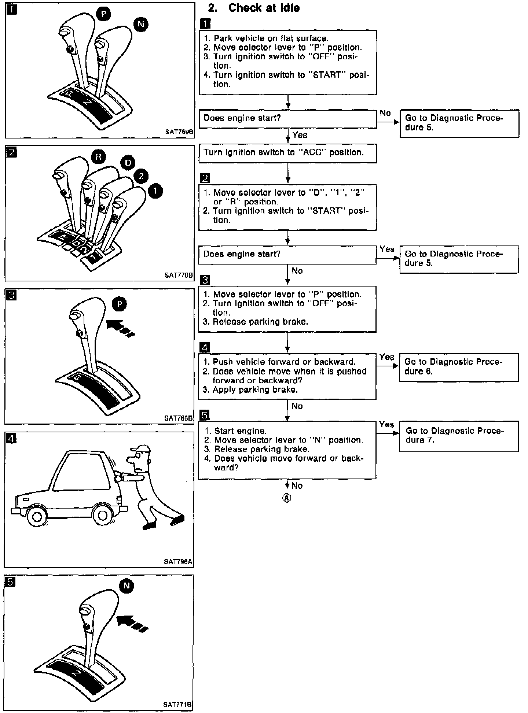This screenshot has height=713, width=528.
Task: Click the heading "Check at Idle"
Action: coord(264,8)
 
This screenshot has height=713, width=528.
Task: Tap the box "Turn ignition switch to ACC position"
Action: coord(287,153)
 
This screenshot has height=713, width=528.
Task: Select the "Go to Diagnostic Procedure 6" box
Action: coord(458,367)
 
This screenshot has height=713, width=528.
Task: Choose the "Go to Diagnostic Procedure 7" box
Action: coord(458,436)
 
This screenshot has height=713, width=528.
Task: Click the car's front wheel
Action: coord(36,516)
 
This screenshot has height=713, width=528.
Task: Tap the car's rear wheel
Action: coord(103,515)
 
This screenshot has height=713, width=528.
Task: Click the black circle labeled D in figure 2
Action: coord(128,163)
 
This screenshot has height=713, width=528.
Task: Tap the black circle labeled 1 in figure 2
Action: coord(155,191)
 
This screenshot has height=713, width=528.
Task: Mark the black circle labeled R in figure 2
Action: coord(98,157)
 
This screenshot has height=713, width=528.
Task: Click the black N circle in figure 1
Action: coord(140,25)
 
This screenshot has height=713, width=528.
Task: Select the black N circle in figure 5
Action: coord(126,586)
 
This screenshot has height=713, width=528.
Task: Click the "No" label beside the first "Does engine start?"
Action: coord(385,113)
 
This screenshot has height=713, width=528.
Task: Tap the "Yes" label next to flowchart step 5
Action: coord(386,425)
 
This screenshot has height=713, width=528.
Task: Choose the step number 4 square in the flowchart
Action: coord(205,347)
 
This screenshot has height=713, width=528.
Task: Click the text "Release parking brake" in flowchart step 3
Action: coord(260,322)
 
